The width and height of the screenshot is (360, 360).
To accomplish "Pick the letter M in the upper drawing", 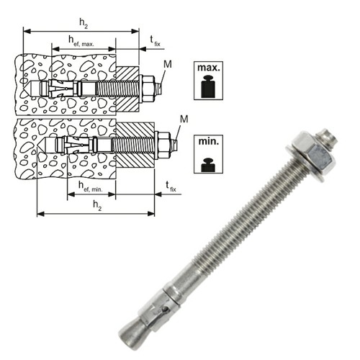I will pos(168,64).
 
